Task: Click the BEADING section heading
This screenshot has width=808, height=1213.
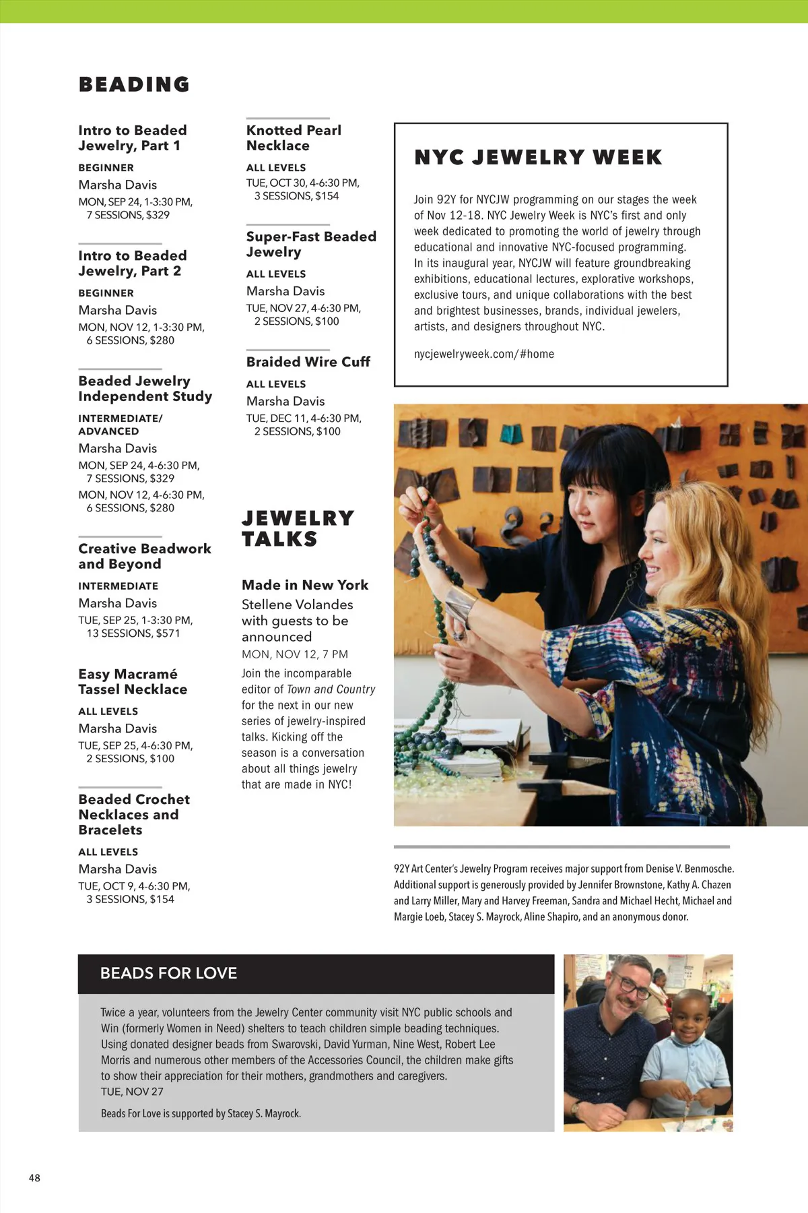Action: [x=134, y=84]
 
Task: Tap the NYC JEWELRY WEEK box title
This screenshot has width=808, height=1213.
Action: [x=538, y=157]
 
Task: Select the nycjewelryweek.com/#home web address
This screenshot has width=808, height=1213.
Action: [x=483, y=354]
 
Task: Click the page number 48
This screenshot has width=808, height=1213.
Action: [x=34, y=1178]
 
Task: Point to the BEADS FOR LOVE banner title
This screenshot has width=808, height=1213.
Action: [x=168, y=973]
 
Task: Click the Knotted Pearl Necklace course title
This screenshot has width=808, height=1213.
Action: [x=294, y=137]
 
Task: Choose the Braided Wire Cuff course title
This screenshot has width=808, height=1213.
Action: [x=308, y=362]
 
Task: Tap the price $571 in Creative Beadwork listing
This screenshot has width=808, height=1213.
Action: [x=168, y=633]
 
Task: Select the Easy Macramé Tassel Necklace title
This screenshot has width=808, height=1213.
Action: [x=133, y=681]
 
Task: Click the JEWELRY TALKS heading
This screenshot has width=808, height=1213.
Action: [x=297, y=528]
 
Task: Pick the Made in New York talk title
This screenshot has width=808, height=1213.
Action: [x=305, y=585]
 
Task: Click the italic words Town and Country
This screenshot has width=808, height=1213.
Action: [x=331, y=689]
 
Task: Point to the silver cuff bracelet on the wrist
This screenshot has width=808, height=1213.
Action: [x=461, y=602]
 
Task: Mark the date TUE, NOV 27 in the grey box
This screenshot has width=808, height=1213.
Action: [x=132, y=1092]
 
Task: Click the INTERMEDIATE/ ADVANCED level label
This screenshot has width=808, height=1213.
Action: [x=120, y=425]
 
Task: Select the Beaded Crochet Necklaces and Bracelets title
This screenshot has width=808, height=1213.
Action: [x=133, y=814]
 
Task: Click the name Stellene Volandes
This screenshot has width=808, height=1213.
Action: [x=297, y=604]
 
